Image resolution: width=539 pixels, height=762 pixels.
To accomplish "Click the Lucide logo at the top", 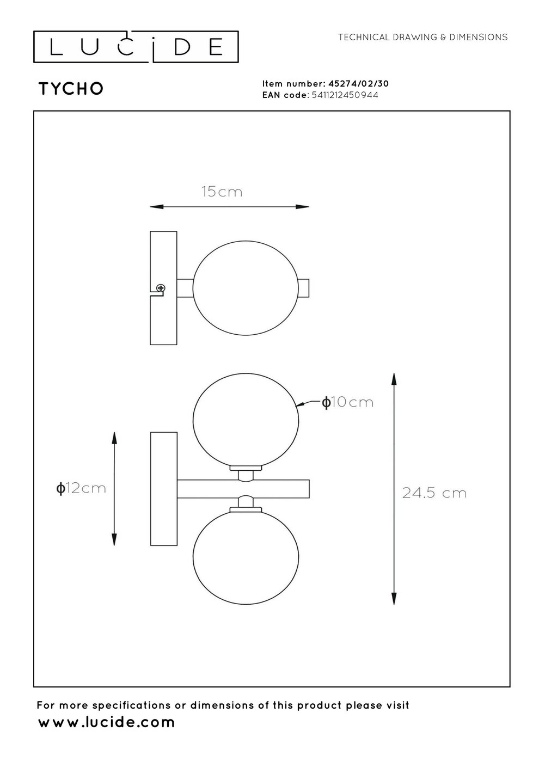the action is [x=136, y=47].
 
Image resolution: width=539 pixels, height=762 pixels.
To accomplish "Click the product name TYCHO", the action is [x=71, y=89].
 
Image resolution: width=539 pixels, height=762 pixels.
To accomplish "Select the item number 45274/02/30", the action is [x=358, y=84].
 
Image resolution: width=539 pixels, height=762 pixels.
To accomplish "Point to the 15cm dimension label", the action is [x=222, y=192].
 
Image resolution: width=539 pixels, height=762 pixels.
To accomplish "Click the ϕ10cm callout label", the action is [x=347, y=402].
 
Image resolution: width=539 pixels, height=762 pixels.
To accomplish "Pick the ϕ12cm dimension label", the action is [x=81, y=489].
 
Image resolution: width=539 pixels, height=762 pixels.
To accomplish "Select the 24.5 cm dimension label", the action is [x=434, y=493].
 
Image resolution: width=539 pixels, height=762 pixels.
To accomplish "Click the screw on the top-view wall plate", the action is [x=161, y=288].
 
